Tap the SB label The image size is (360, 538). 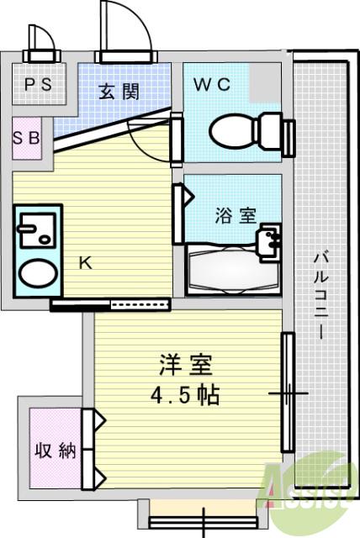tap(25, 138)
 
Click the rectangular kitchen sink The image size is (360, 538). tap(37, 228)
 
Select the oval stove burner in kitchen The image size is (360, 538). tap(36, 273)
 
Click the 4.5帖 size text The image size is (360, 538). tap(187, 395)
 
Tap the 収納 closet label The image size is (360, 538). tap(56, 451)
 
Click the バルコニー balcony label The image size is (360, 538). tap(323, 294)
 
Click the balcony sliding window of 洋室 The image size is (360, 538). tap(288, 393)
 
